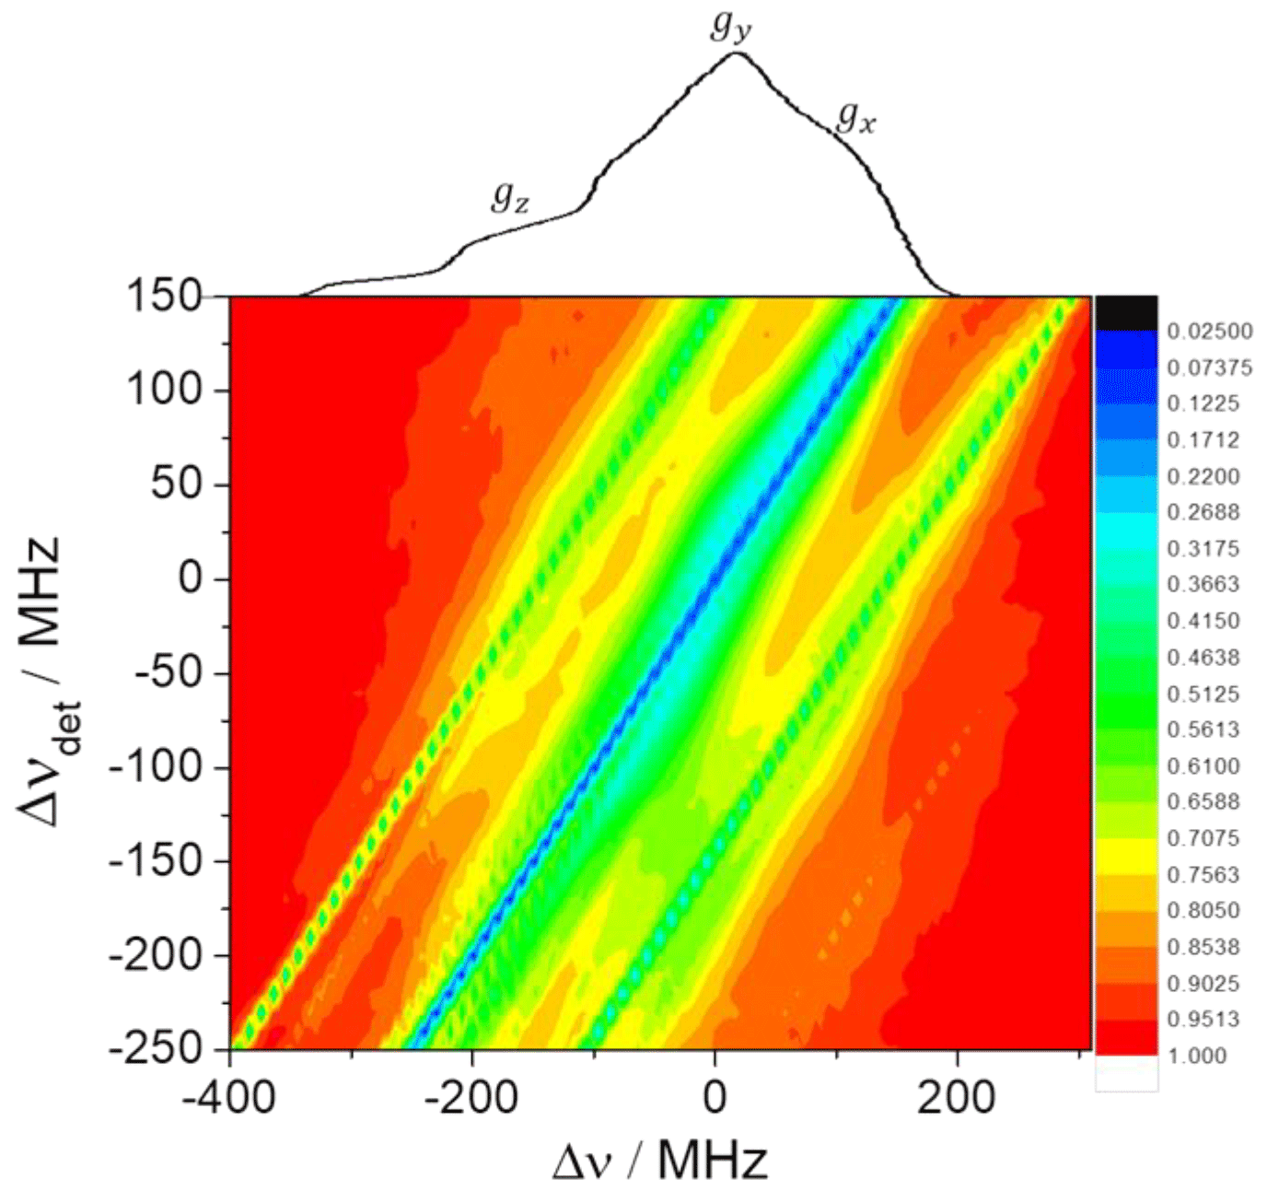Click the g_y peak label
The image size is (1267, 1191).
point(731,28)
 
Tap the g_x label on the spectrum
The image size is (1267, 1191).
point(856,117)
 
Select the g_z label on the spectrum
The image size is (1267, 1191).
point(510,196)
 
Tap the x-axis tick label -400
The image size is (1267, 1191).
point(228,1098)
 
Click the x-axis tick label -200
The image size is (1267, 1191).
point(471,1098)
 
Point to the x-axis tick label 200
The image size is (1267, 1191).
point(957,1098)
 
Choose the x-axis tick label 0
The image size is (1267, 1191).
point(715,1098)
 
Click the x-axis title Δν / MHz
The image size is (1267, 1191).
point(660,1162)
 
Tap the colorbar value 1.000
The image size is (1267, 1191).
point(1197,1056)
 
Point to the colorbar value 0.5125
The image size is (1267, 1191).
point(1203,694)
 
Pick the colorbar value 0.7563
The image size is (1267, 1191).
point(1203,874)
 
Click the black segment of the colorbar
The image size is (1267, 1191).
point(1126,312)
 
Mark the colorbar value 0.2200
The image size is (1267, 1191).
point(1203,476)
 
